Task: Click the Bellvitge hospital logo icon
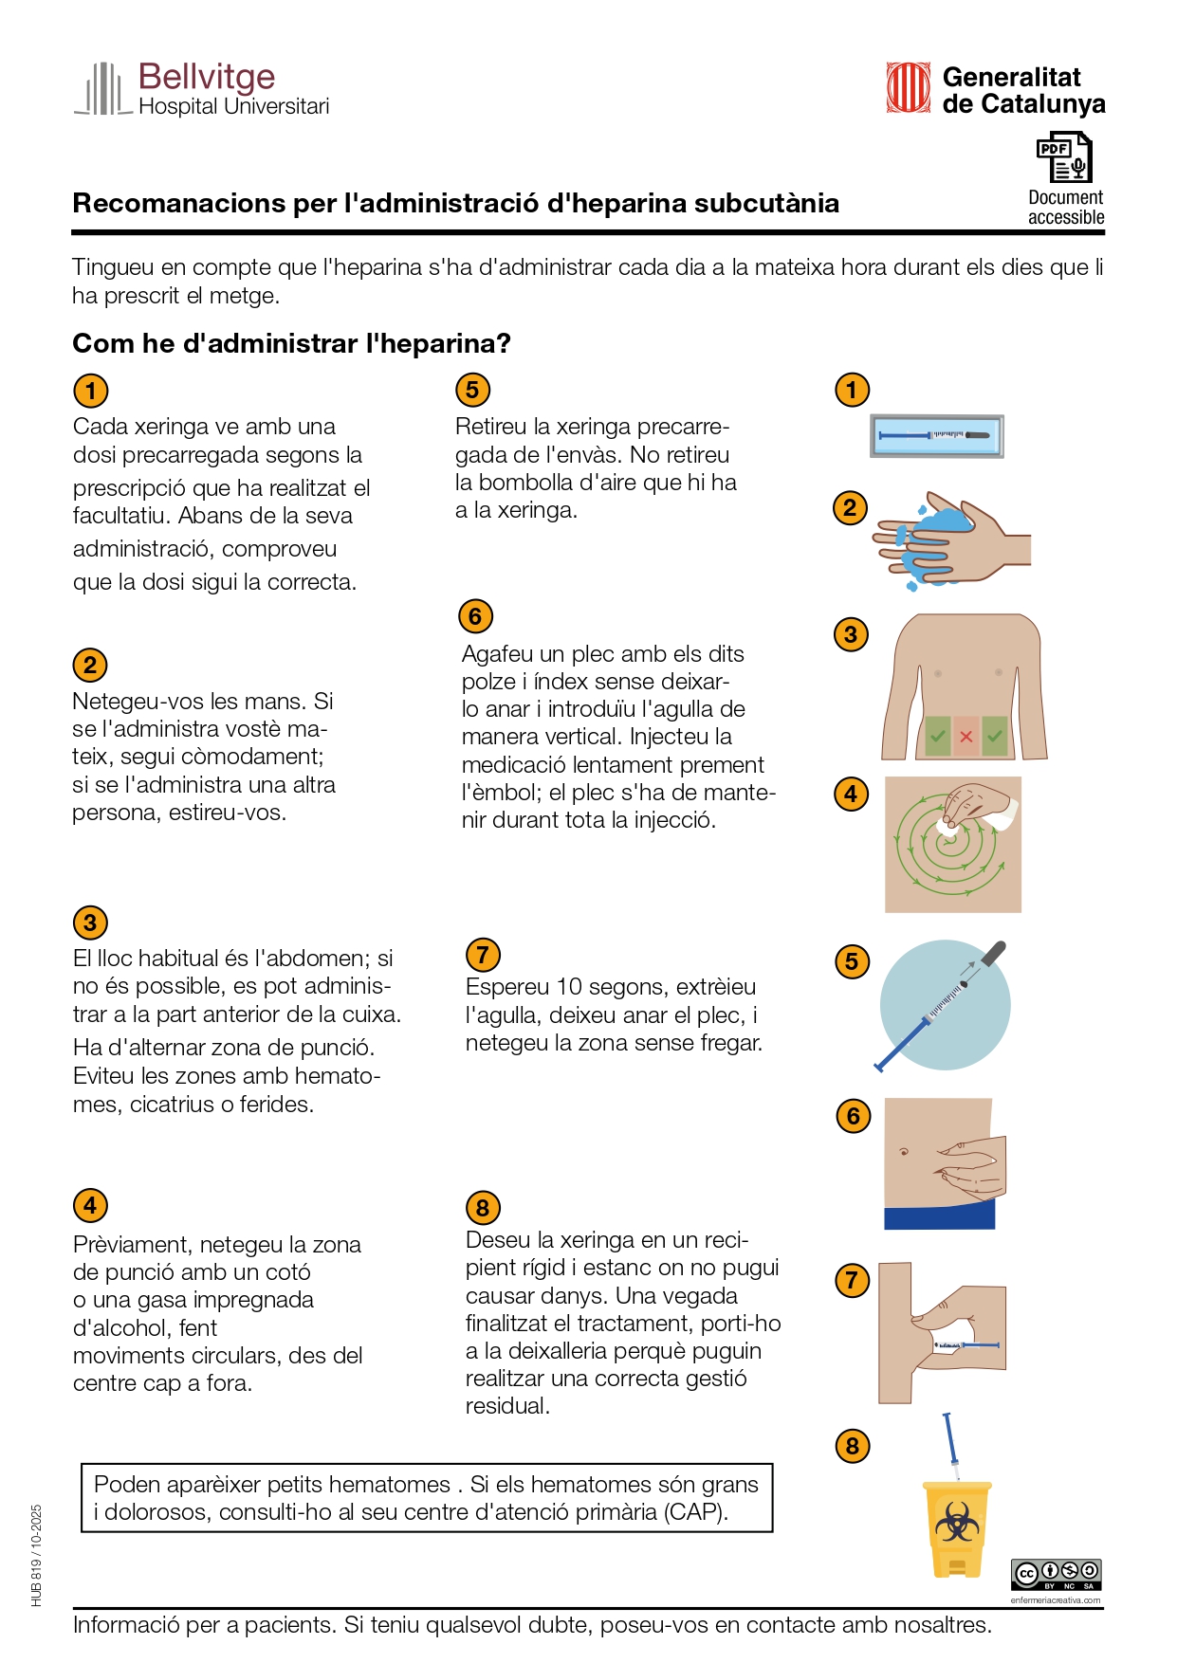point(102,89)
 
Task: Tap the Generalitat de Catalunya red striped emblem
point(908,88)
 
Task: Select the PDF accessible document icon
point(1064,157)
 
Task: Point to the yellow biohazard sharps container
point(957,1527)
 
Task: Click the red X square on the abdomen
point(966,737)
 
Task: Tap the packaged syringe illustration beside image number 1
point(936,436)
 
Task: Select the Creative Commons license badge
point(1056,1575)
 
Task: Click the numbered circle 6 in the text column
point(475,616)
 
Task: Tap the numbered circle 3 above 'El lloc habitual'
point(90,923)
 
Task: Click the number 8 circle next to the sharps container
point(852,1446)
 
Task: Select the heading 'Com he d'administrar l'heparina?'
point(291,343)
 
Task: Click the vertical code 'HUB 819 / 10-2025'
point(37,1555)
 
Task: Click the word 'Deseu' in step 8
point(497,1240)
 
